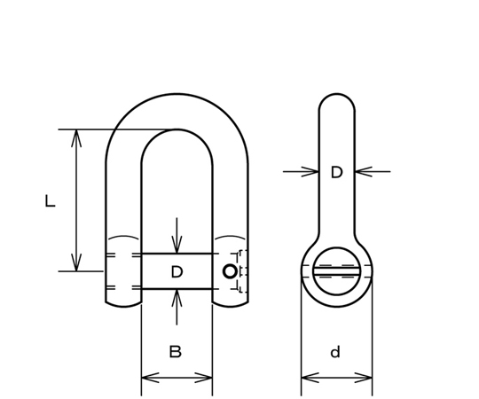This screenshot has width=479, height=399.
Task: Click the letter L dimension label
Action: [50, 201]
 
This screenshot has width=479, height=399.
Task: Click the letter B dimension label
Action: [176, 352]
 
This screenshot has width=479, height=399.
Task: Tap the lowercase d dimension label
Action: [335, 352]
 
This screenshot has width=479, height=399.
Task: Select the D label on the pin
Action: [177, 271]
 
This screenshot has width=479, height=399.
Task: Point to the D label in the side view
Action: [337, 173]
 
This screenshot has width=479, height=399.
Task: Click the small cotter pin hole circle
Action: [230, 271]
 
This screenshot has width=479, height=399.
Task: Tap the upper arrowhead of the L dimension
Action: [76, 138]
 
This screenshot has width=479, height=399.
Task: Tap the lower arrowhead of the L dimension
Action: [76, 262]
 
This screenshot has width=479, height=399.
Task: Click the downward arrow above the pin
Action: [177, 235]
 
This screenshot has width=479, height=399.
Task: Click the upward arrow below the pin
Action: [177, 307]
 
